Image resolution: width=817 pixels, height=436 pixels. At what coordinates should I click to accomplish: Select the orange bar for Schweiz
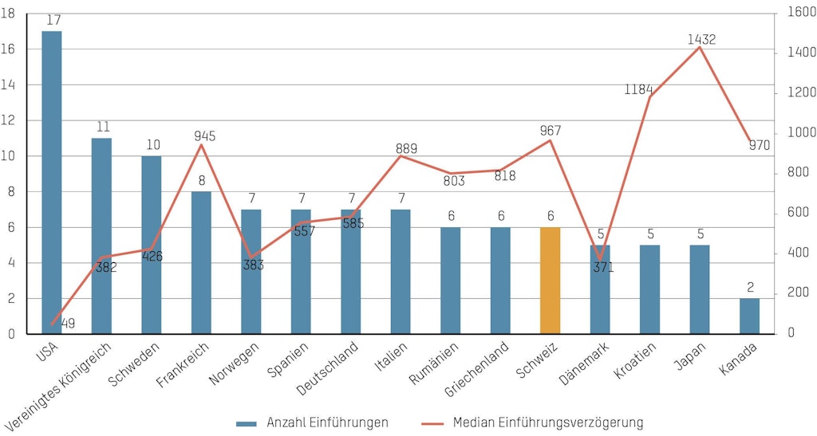click(550, 280)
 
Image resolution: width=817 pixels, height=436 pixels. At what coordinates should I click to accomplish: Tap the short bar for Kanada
click(749, 316)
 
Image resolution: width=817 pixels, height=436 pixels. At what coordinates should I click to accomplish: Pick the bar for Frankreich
click(201, 262)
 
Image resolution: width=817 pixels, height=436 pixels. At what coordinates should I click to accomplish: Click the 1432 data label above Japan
click(701, 39)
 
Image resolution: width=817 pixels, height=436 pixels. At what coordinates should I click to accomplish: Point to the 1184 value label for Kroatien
click(639, 88)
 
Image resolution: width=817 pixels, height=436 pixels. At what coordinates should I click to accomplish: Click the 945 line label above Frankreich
click(205, 136)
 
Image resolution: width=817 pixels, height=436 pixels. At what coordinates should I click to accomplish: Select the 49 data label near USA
click(69, 323)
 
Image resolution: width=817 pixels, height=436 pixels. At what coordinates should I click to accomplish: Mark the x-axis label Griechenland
click(477, 371)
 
